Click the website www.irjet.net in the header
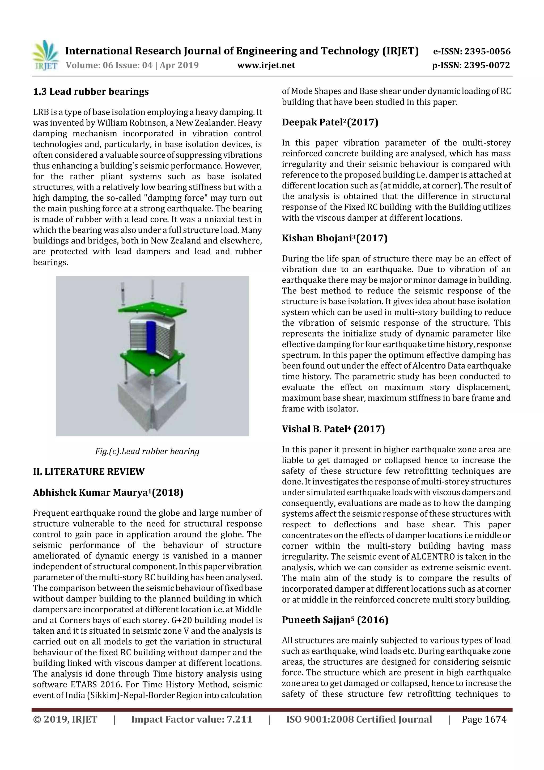(x=266, y=65)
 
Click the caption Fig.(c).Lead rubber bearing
(x=147, y=451)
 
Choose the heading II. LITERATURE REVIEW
(x=88, y=472)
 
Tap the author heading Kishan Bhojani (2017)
(x=334, y=238)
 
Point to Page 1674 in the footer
(x=484, y=719)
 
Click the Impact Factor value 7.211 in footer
(x=192, y=719)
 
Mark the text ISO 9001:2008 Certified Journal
(x=359, y=719)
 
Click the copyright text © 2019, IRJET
(x=65, y=719)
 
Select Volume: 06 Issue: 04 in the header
(x=109, y=65)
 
